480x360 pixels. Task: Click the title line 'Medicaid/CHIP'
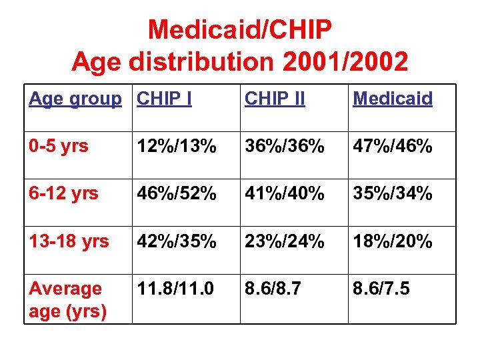pos(239,30)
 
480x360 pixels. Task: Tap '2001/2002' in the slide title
pos(345,62)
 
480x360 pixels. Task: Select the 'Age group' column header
pos(75,99)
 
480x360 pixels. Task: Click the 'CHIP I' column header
pos(164,99)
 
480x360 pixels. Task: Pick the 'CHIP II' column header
pos(275,99)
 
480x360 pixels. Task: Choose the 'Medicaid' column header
pos(392,99)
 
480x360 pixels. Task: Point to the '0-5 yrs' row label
pos(59,146)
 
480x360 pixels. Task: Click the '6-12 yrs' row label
pos(63,193)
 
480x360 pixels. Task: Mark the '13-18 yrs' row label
pos(69,241)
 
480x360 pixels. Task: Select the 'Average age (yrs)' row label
pos(67,300)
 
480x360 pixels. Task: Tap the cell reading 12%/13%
pos(177,147)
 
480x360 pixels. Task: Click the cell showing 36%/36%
pos(285,147)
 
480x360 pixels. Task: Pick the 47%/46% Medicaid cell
pos(393,147)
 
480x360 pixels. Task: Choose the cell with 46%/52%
pos(177,194)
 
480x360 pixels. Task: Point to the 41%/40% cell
pos(285,194)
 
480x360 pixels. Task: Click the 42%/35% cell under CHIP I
pos(177,241)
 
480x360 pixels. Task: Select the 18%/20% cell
pos(393,241)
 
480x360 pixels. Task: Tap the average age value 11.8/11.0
pos(176,289)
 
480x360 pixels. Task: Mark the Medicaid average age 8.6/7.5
pos(381,289)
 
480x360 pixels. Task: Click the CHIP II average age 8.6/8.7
pos(273,289)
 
